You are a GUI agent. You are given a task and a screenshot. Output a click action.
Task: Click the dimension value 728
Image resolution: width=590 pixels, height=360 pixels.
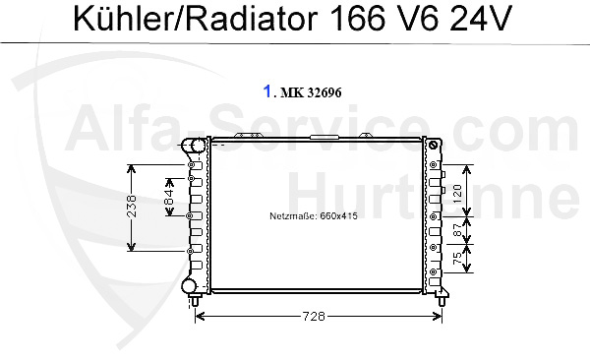tap(314, 316)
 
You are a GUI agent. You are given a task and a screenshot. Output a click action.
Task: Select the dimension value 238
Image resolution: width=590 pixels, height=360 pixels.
tap(132, 206)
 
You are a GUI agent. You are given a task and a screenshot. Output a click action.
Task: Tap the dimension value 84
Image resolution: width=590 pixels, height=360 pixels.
tap(169, 197)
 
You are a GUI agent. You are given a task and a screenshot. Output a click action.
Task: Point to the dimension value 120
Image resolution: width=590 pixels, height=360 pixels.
tap(457, 194)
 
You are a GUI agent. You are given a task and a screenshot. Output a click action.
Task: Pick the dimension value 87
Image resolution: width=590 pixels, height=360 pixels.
tap(457, 231)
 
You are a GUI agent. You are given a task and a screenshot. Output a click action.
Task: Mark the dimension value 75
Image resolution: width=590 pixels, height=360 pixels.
tap(457, 259)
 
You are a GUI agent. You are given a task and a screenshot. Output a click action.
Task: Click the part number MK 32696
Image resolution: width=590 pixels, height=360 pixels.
tap(311, 92)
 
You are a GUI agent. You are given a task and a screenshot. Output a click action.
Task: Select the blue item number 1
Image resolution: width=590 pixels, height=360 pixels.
tap(267, 91)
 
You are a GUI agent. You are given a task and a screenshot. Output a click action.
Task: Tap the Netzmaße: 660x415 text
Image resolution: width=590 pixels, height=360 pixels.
tap(314, 216)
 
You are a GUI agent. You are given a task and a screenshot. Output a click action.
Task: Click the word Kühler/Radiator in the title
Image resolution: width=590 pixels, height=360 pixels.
tap(196, 19)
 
